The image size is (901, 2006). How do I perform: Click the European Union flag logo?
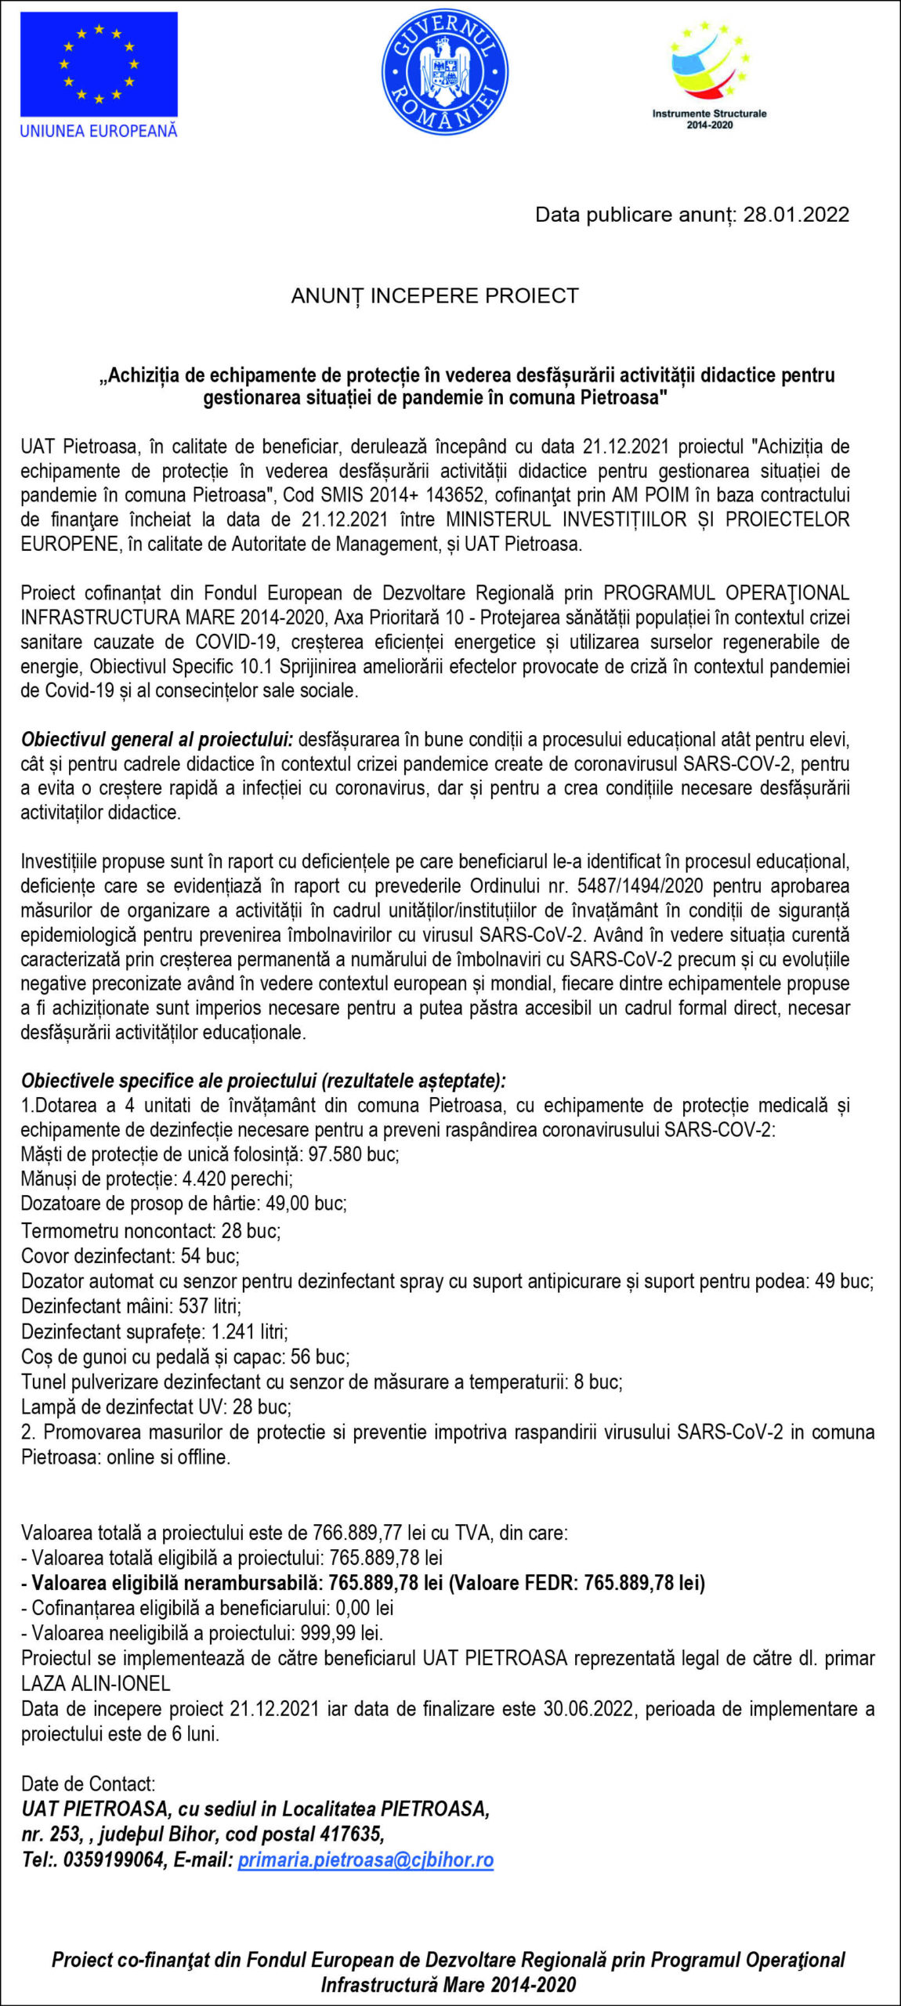coord(99,65)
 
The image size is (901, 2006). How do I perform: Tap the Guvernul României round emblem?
coord(444,72)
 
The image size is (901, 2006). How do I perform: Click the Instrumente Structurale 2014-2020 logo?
coord(709,74)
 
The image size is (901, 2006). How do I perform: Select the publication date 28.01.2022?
coord(796,215)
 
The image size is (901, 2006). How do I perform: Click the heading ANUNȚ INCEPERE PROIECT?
coord(435,296)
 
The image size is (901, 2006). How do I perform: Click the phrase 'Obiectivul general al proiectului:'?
coord(157,740)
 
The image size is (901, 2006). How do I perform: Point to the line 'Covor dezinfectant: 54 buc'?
coord(130,1256)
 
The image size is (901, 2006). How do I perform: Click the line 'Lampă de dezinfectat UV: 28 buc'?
coord(156,1407)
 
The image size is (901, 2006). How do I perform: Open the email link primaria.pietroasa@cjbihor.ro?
coord(365,1859)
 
